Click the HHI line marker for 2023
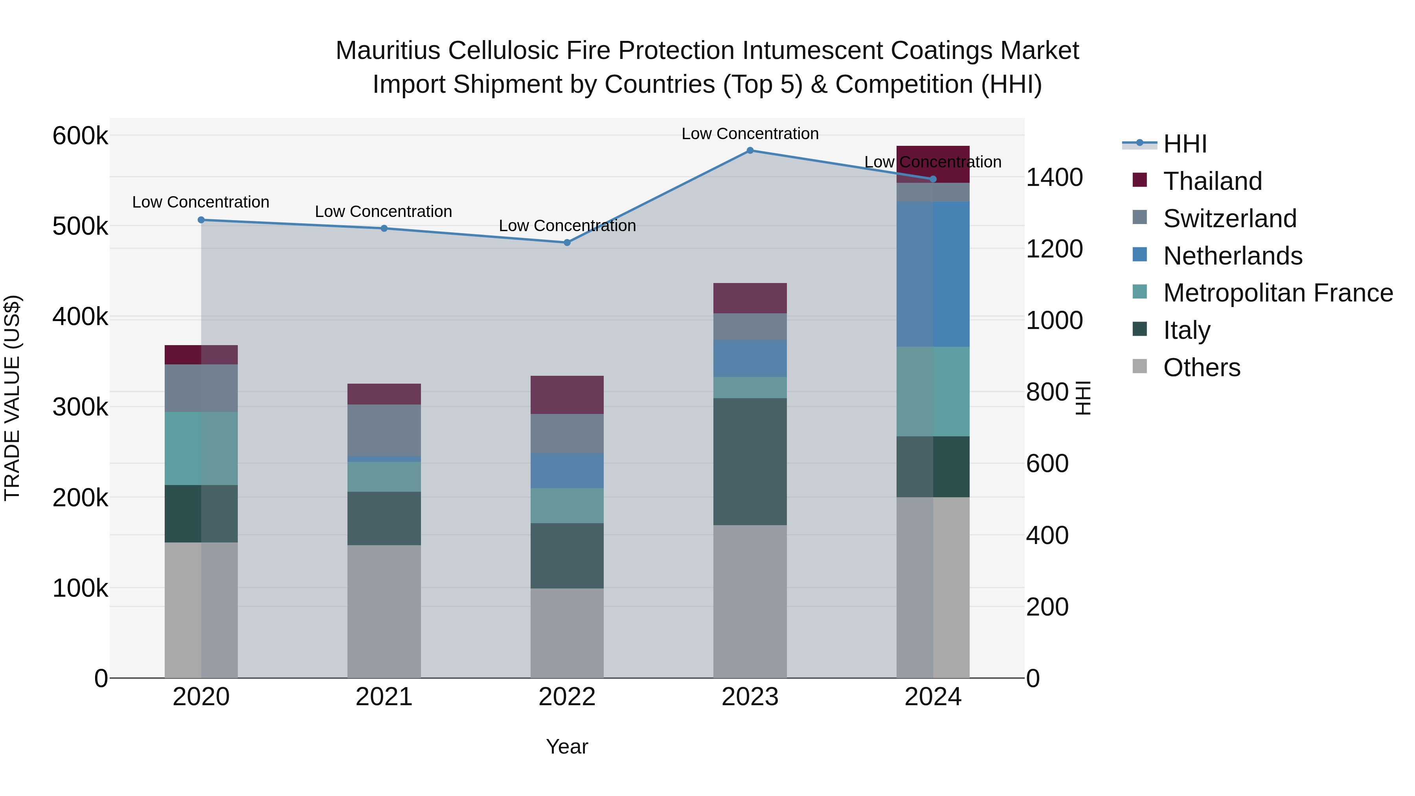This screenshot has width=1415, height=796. [750, 151]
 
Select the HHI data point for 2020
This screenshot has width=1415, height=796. [201, 220]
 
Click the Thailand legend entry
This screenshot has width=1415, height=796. [1212, 181]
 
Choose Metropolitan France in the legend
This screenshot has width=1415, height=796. [1278, 293]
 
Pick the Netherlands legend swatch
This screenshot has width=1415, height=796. [1140, 255]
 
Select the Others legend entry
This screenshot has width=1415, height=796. [1201, 368]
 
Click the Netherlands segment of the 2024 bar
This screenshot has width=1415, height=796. [933, 274]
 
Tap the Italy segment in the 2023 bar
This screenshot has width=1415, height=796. [750, 461]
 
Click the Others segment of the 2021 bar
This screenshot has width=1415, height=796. [384, 611]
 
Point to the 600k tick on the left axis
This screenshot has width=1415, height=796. [80, 136]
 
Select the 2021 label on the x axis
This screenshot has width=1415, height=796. [384, 697]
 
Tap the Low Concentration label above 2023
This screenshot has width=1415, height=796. [750, 134]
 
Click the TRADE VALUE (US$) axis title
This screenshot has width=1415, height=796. [13, 398]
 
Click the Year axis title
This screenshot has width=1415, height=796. [567, 746]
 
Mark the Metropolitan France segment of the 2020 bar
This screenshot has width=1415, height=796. [201, 448]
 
